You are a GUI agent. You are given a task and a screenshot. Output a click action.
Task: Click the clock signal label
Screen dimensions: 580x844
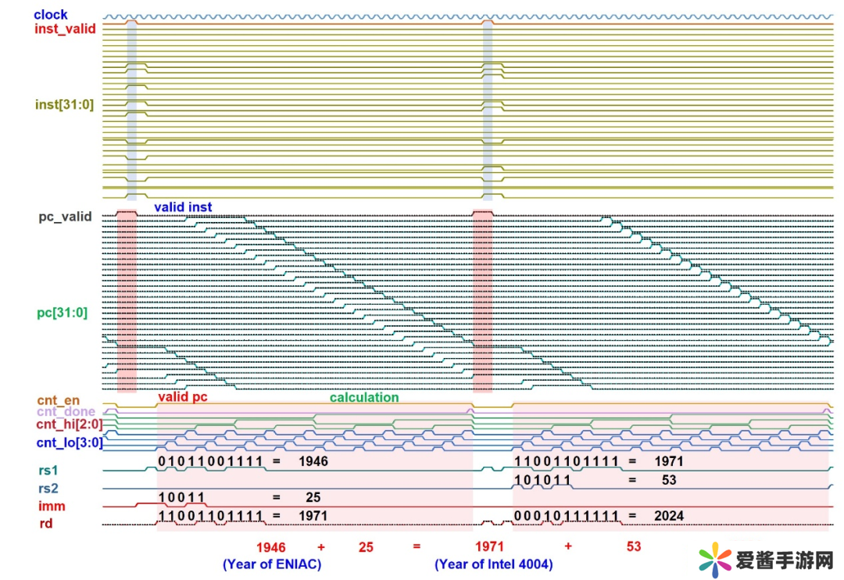(x=51, y=14)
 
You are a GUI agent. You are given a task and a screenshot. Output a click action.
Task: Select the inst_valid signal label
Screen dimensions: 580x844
(x=66, y=28)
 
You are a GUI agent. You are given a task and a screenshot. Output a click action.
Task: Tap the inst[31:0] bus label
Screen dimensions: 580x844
(x=64, y=104)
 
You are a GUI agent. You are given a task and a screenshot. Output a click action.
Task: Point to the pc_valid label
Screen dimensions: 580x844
(x=65, y=217)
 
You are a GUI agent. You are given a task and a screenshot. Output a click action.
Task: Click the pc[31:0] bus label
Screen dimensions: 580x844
(x=63, y=313)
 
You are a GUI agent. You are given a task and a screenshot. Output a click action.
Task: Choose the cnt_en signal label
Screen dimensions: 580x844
(x=58, y=400)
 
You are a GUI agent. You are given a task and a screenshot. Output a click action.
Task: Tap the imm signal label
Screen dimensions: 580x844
(x=52, y=506)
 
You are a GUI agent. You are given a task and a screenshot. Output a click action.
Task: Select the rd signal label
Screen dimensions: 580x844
(x=46, y=523)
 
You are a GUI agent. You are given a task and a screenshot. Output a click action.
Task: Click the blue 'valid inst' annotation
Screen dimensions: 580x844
(x=183, y=207)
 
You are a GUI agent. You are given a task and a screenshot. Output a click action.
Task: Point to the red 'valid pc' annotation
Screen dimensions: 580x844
(x=183, y=397)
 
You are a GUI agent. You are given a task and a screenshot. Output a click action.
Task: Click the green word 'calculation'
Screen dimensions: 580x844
(x=364, y=397)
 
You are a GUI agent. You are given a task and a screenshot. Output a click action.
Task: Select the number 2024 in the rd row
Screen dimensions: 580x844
(x=669, y=515)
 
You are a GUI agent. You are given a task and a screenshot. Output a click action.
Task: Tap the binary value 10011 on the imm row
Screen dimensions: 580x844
(x=181, y=497)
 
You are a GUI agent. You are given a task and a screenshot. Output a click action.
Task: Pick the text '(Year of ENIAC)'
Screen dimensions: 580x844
(x=272, y=564)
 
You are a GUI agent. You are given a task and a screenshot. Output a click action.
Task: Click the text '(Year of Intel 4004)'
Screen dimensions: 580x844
(x=494, y=564)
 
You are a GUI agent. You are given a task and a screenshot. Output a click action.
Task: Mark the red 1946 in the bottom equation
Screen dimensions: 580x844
(x=272, y=546)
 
